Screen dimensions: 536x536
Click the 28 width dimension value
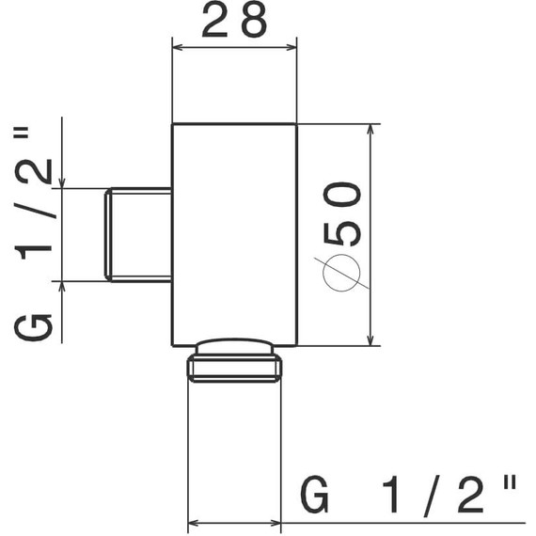[234, 23]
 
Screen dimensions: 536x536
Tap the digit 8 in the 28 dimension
[252, 23]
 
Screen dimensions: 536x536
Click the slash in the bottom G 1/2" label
[430, 495]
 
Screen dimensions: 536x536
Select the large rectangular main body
[234, 234]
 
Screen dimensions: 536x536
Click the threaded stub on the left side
[138, 234]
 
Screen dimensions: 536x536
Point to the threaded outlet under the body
[234, 360]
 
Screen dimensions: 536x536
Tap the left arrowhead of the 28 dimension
[177, 42]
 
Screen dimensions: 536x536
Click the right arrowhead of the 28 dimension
[292, 42]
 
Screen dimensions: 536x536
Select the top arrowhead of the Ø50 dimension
[370, 131]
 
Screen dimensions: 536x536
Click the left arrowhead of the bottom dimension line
[195, 522]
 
